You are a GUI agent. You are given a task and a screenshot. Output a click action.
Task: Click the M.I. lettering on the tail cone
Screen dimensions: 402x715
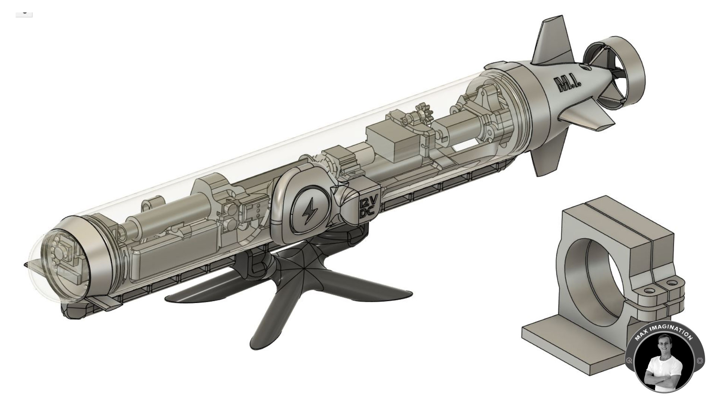pos(566,85)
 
